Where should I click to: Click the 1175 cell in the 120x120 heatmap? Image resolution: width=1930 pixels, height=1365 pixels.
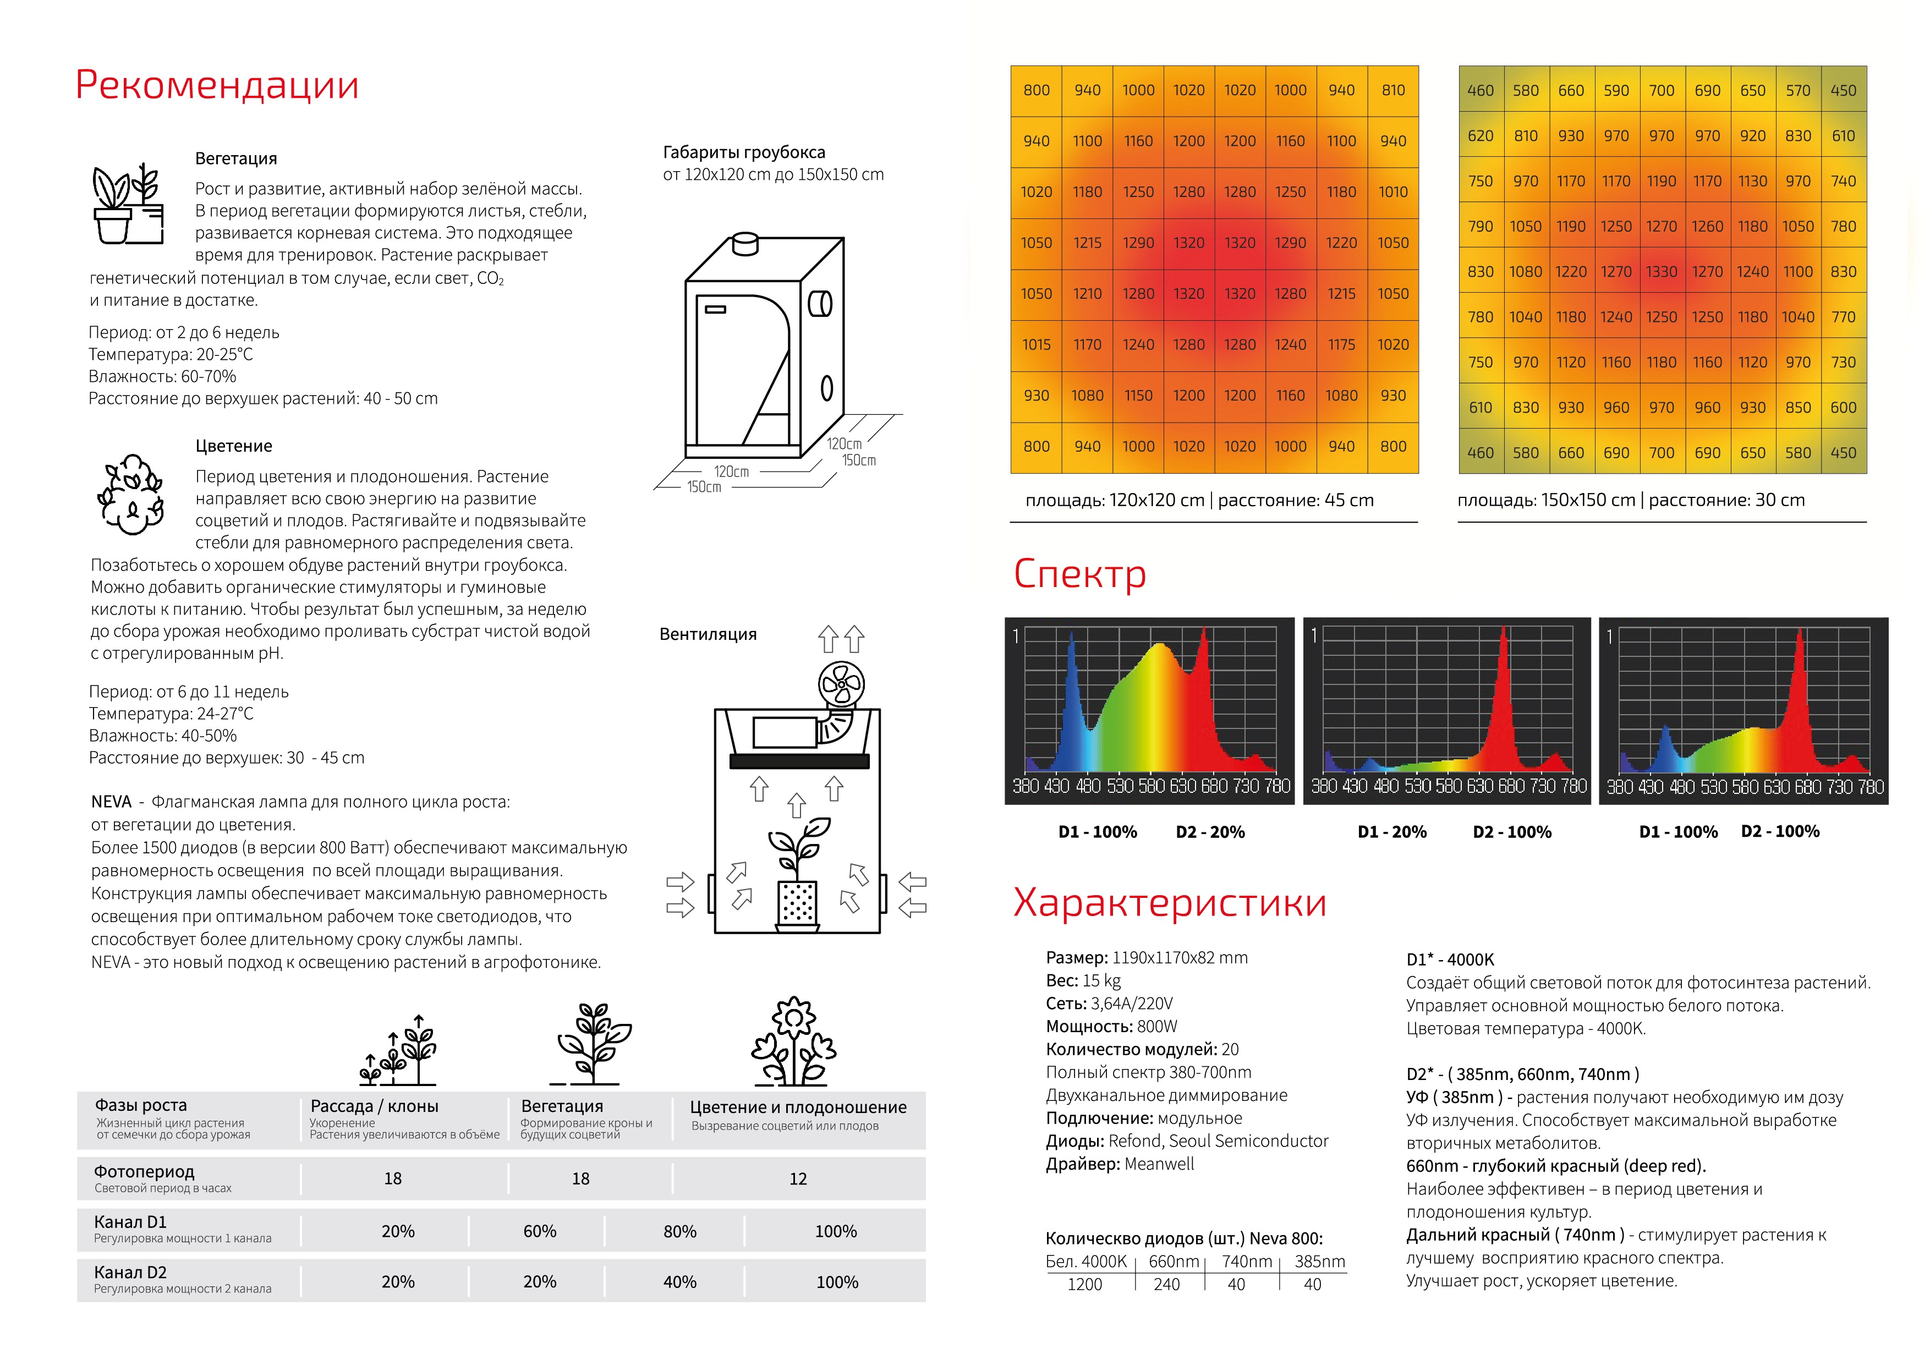coord(1341,344)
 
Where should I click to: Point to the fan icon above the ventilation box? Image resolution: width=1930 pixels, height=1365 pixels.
coord(841,684)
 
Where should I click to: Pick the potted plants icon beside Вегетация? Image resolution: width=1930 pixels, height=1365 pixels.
coord(128,204)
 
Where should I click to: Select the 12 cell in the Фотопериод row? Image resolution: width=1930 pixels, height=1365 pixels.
coord(798,1179)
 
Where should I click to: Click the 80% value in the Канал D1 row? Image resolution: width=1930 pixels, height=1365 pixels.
coord(679,1231)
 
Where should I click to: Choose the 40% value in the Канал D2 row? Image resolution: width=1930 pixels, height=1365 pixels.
coord(679,1282)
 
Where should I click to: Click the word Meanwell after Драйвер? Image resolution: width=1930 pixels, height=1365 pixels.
coord(1159,1164)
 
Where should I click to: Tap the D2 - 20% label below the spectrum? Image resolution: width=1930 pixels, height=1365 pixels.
coord(1210,832)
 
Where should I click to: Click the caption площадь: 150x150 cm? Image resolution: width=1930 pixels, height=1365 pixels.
coord(1547,500)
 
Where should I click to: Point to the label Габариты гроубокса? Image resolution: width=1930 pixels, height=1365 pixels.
coord(744,152)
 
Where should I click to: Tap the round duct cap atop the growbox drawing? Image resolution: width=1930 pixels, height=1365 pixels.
coord(745,243)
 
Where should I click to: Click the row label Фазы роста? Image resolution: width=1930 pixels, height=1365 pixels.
coord(140,1105)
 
